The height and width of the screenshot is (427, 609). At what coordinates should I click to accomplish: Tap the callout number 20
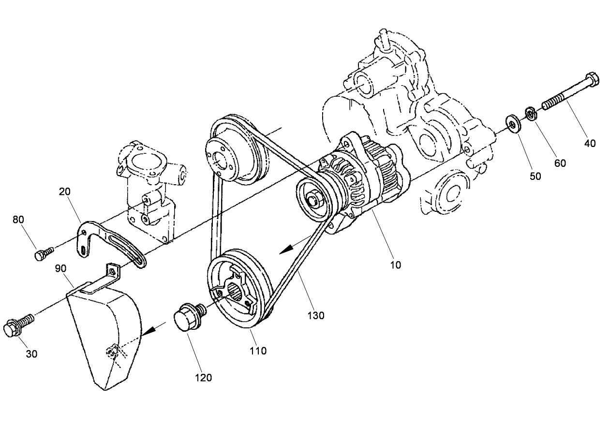pyautogui.click(x=64, y=191)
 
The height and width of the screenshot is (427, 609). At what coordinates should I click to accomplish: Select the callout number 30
pyautogui.click(x=31, y=354)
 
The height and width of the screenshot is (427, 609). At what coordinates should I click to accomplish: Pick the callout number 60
pyautogui.click(x=560, y=163)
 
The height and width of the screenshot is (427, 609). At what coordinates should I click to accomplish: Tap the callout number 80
pyautogui.click(x=18, y=220)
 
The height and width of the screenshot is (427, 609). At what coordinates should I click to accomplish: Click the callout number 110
pyautogui.click(x=258, y=351)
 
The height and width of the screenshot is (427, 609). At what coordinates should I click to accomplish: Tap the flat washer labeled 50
pyautogui.click(x=512, y=122)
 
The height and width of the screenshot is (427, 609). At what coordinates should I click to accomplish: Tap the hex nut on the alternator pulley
pyautogui.click(x=312, y=198)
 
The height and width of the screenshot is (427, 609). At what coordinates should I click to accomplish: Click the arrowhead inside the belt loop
pyautogui.click(x=287, y=249)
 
